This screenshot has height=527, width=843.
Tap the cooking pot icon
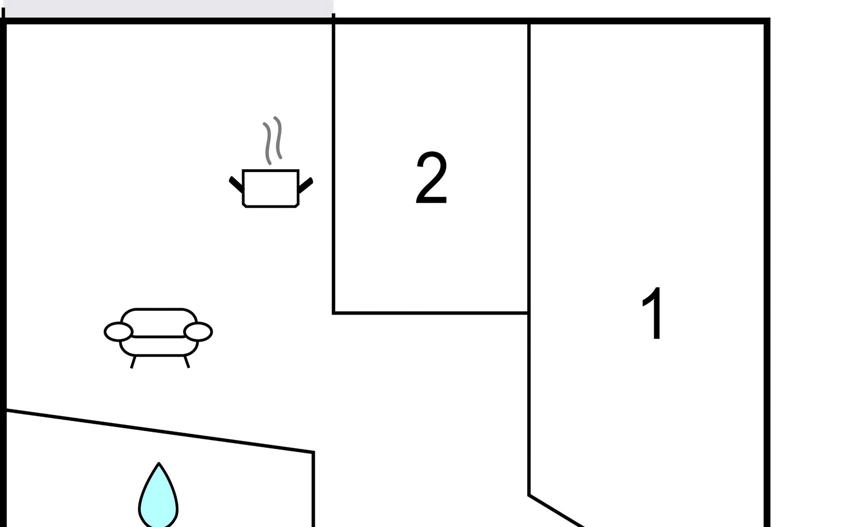(x=270, y=188)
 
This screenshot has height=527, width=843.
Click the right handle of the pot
(x=306, y=184)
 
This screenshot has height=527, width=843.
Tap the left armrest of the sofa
(x=118, y=332)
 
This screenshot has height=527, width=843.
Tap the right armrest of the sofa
(x=198, y=332)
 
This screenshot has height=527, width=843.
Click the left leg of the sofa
(x=133, y=362)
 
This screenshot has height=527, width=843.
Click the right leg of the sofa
(x=187, y=362)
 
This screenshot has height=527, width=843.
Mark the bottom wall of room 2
(x=430, y=313)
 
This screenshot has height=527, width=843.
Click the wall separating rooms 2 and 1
(x=529, y=176)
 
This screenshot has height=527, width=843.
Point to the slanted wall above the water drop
(x=158, y=431)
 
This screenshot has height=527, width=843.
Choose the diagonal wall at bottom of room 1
(x=557, y=511)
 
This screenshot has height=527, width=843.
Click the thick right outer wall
(x=767, y=263)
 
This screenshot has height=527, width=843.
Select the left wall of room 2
(x=334, y=176)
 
